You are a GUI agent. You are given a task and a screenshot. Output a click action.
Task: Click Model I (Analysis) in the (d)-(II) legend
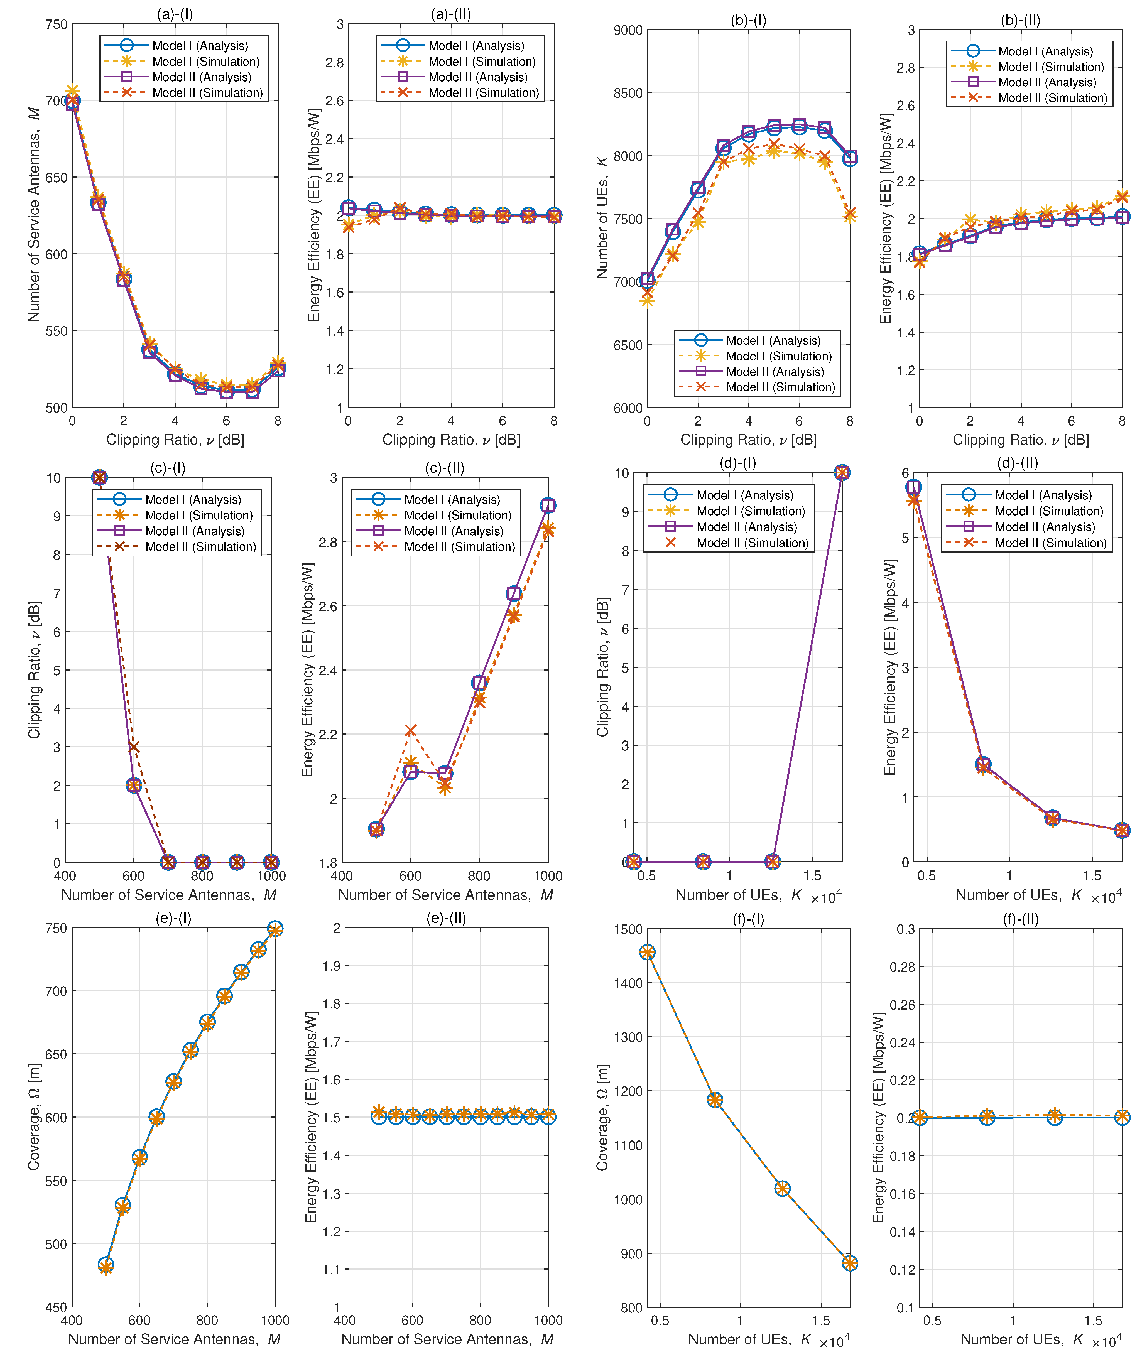click(1043, 495)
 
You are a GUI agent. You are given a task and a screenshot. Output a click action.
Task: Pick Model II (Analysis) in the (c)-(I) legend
click(194, 531)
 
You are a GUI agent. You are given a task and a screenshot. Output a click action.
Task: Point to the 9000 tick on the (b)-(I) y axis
click(628, 30)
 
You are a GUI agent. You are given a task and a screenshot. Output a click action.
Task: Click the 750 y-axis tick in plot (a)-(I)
click(57, 25)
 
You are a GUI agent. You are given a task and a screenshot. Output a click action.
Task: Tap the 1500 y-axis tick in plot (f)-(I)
click(628, 929)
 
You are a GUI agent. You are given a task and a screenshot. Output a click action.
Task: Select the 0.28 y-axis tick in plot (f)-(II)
click(903, 967)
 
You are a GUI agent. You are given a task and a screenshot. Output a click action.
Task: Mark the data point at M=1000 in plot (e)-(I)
click(275, 929)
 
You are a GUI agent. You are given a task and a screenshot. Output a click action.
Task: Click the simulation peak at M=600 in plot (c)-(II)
click(410, 730)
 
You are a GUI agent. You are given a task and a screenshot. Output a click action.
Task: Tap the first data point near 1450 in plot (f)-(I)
click(647, 953)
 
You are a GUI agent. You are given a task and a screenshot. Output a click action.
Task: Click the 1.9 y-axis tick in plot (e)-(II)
click(332, 966)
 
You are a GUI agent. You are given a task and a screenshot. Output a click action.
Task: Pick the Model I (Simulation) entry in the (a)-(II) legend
click(481, 61)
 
